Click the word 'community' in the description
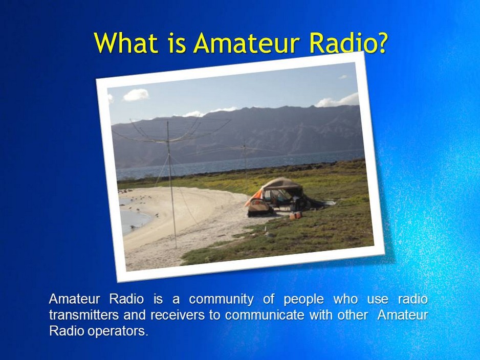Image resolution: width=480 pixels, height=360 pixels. (x=221, y=299)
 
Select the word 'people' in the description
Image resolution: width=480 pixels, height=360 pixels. (x=303, y=299)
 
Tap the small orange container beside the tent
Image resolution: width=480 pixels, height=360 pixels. (x=295, y=216)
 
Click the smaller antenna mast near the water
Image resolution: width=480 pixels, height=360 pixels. (x=245, y=159)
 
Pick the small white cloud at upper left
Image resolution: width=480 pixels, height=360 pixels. (x=136, y=95)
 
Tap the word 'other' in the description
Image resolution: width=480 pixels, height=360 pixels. (x=353, y=315)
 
